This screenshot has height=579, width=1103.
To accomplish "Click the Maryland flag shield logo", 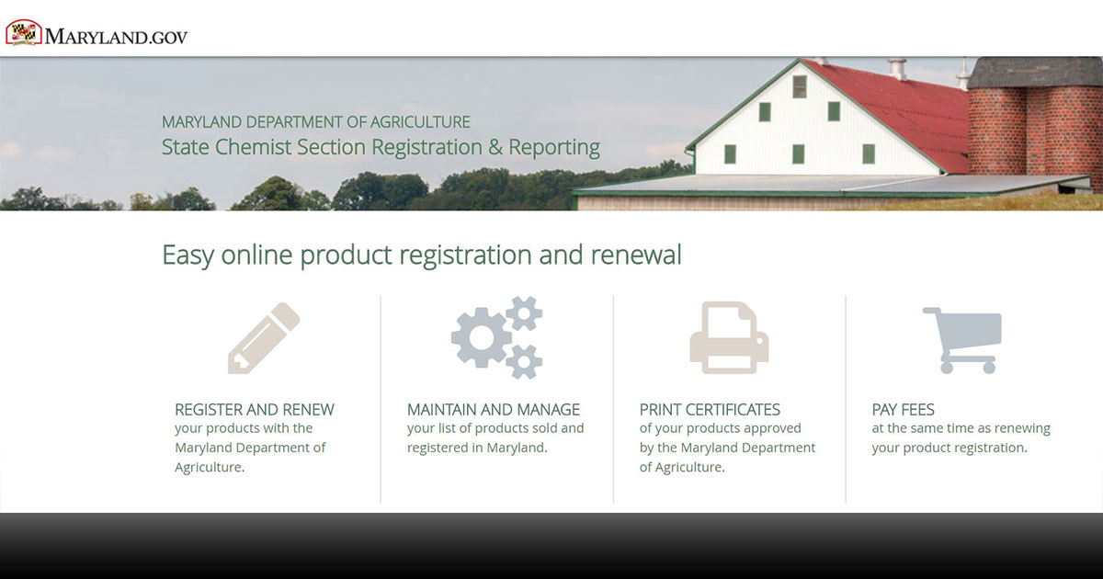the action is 24,32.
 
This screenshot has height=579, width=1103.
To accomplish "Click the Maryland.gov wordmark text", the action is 116,37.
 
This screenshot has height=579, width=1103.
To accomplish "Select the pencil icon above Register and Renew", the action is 264,338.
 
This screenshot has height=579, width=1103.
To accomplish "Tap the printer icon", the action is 729,338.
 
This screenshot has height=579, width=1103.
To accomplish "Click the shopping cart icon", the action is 962,340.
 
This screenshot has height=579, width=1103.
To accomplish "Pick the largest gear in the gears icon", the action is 482,338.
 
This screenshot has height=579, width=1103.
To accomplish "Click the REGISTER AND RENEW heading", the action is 254,410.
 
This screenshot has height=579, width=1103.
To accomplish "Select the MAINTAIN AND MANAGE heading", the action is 494,410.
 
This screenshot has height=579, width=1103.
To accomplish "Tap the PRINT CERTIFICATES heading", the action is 710,410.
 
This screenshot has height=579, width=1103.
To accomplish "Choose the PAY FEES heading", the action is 903,410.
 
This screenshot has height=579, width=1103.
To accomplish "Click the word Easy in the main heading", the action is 188,255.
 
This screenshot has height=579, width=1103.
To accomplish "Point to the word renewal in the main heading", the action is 636,255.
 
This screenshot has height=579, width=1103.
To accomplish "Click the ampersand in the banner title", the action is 495,147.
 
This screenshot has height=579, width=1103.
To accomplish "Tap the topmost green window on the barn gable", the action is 800,86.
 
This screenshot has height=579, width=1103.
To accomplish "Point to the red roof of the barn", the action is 901,113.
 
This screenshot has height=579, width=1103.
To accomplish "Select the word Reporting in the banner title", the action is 554,148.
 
